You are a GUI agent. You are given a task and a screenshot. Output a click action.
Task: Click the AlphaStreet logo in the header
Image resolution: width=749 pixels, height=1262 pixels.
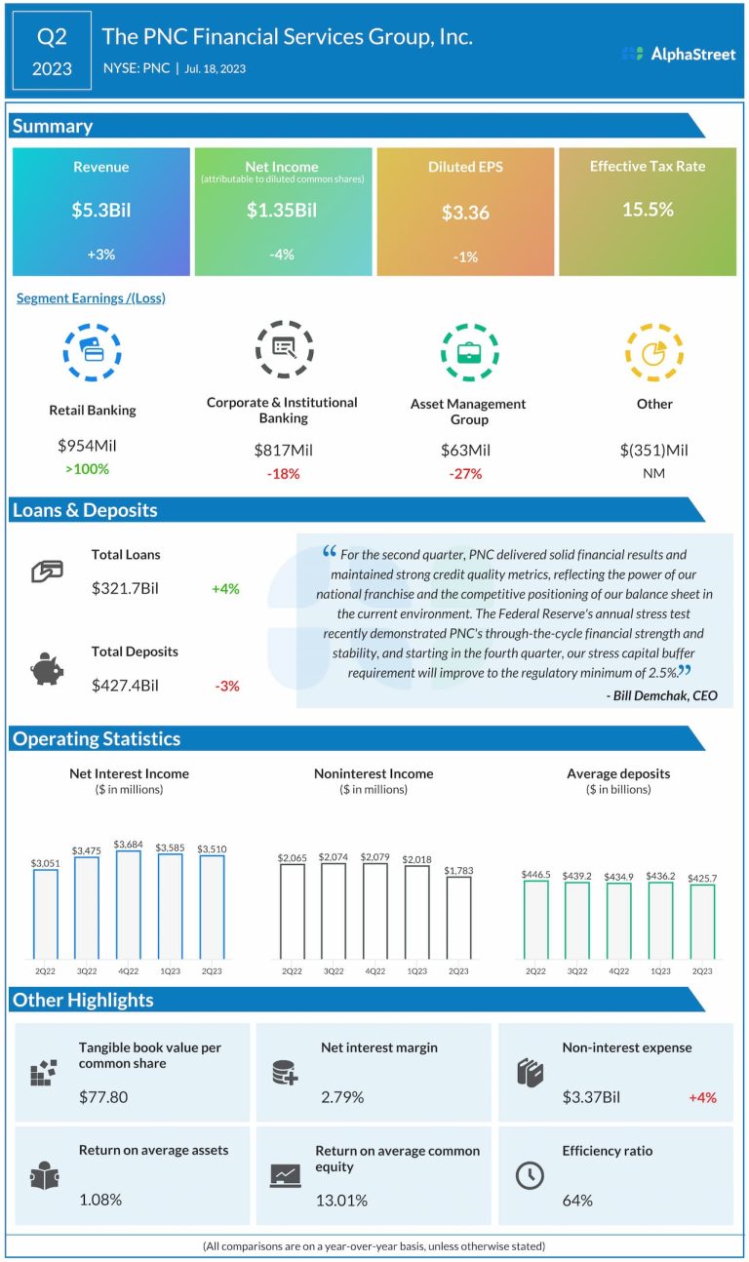tap(679, 54)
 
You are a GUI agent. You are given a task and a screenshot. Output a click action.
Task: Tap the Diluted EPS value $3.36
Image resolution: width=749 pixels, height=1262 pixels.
tap(465, 213)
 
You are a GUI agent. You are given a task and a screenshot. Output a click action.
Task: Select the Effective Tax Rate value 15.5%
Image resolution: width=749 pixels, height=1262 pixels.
tap(648, 209)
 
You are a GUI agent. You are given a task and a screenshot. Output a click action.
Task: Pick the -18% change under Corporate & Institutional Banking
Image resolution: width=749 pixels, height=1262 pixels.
tap(283, 473)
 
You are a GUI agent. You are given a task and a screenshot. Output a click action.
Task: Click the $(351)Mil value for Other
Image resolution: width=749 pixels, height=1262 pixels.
tap(653, 450)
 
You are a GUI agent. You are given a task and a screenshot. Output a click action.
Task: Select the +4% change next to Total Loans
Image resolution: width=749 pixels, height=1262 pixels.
tap(225, 589)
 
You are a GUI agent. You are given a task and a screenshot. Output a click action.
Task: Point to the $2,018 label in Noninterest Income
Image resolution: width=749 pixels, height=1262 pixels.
tap(416, 858)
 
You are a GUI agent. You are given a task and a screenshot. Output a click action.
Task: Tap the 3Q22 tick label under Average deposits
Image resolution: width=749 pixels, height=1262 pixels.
tap(577, 970)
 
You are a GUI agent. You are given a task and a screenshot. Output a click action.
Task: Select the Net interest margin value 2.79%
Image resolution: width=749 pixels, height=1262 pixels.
tap(342, 1097)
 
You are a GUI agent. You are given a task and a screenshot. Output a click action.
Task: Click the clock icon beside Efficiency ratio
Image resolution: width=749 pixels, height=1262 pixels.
tap(529, 1175)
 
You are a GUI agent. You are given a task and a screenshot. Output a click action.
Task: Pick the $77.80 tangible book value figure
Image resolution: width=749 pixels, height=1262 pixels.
tap(103, 1097)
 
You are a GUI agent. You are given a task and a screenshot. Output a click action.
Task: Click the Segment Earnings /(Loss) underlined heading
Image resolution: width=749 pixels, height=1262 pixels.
tap(91, 298)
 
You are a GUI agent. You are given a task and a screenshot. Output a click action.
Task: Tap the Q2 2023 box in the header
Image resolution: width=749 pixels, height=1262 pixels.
tap(53, 53)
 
